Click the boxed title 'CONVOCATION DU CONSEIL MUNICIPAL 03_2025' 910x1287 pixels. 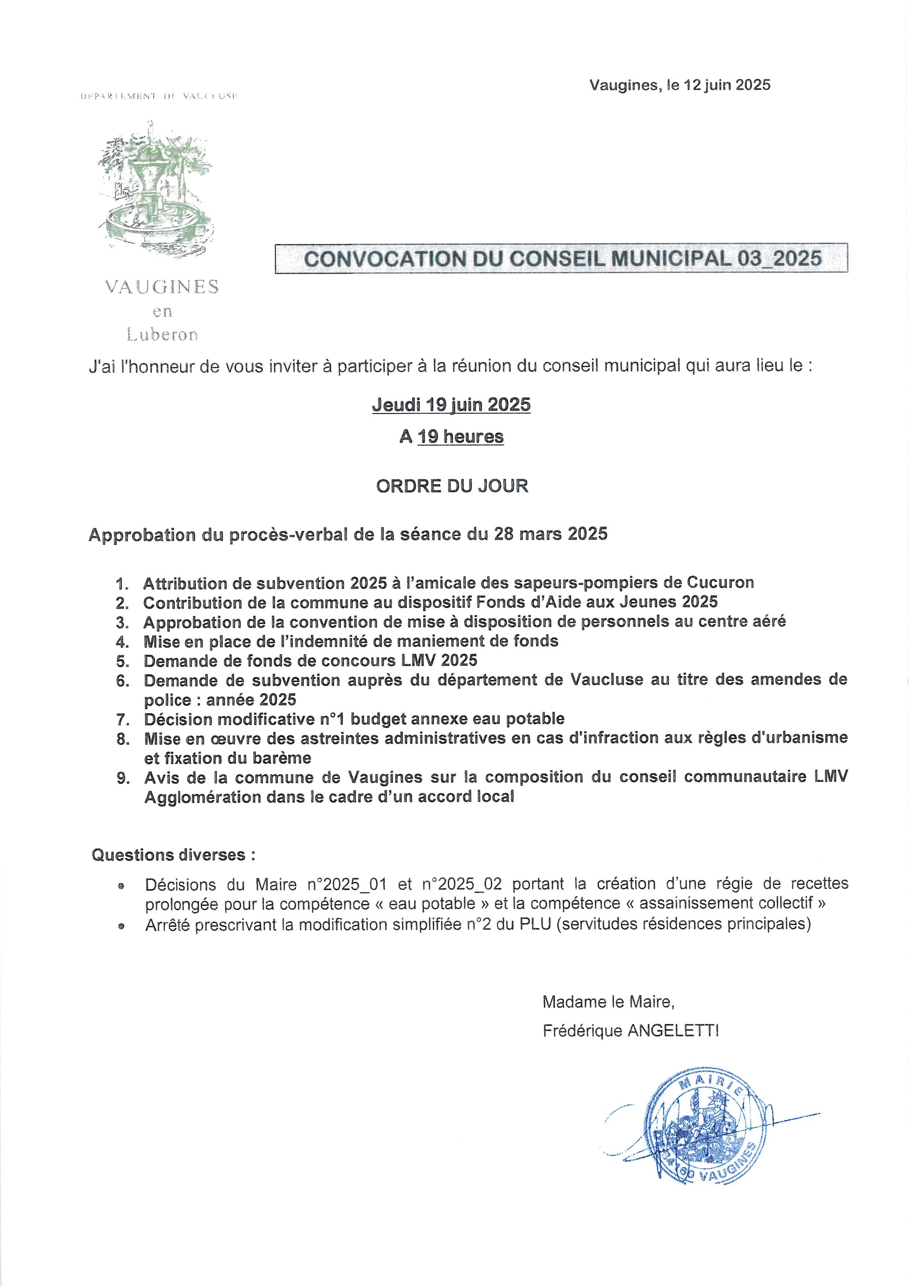coord(562,258)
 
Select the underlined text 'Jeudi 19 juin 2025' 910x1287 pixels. coord(451,405)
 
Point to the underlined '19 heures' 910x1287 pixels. coord(461,437)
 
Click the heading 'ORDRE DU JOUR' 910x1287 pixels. coord(452,486)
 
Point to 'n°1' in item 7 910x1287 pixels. coord(335,719)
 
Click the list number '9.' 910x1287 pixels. coord(123,778)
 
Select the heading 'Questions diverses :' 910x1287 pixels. coord(173,855)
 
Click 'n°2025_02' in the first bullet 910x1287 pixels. coord(462,885)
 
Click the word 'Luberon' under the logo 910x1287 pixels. coord(162,335)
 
